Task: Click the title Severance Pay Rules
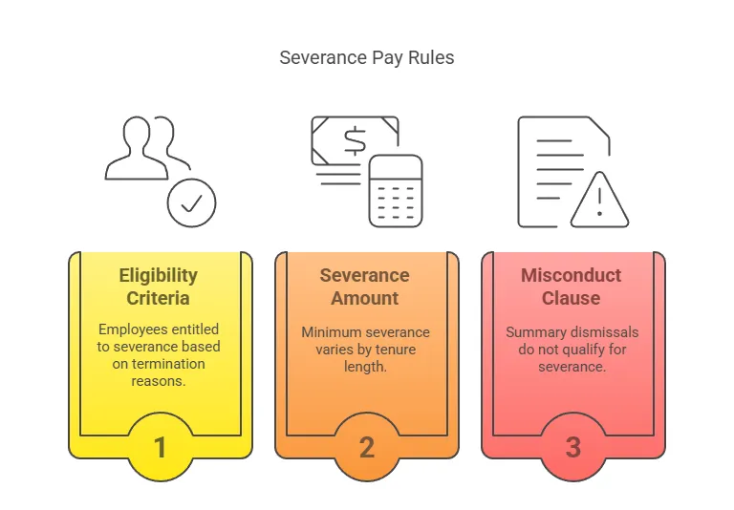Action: [x=366, y=57]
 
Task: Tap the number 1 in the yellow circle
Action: [x=160, y=446]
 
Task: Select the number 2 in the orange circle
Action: [x=366, y=446]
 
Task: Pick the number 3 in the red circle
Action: [x=572, y=446]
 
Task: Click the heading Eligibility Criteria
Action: [x=159, y=287]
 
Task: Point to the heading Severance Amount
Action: [x=365, y=287]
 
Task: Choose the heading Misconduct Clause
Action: [x=572, y=287]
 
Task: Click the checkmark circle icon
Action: [x=191, y=202]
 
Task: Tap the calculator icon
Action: [x=396, y=190]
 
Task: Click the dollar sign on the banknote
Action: [x=355, y=141]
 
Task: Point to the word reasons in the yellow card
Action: [x=159, y=381]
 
